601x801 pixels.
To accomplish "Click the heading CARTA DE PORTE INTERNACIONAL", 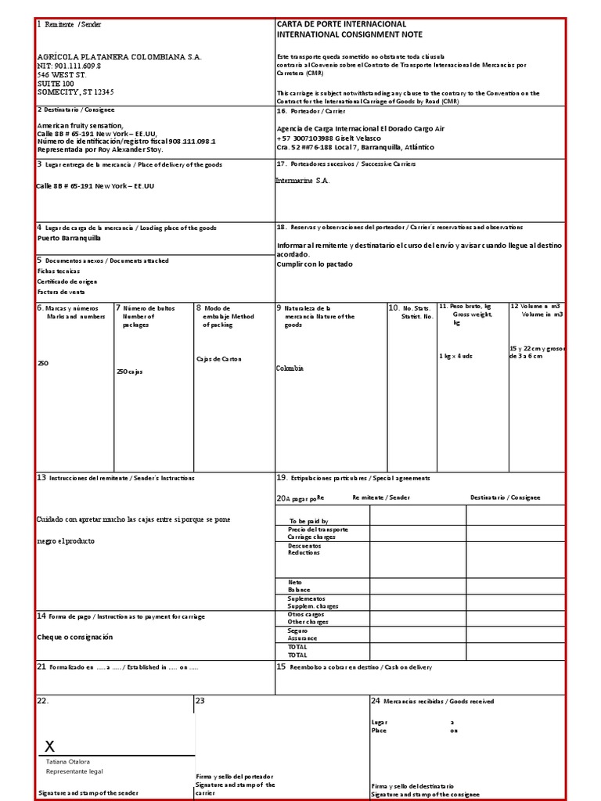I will coord(341,24).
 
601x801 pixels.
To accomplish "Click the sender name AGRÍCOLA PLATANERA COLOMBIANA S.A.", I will coord(119,57).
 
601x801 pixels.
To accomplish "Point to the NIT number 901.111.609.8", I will coord(69,66).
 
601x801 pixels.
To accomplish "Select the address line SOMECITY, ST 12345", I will coord(75,92).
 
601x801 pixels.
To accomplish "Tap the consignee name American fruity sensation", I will coord(81,125).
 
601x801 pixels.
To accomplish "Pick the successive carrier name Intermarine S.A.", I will coord(303,181).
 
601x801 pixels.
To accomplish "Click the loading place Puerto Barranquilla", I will coord(69,238).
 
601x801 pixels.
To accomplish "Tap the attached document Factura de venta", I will coord(61,292).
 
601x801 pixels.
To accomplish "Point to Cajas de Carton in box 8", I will coord(219,359).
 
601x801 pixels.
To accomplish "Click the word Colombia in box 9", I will coord(290,368).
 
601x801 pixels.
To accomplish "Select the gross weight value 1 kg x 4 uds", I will coord(456,356).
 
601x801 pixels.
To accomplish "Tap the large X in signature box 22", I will coord(49,745).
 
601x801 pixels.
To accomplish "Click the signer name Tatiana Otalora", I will coord(68,761).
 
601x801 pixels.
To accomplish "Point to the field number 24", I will coord(376,701).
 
